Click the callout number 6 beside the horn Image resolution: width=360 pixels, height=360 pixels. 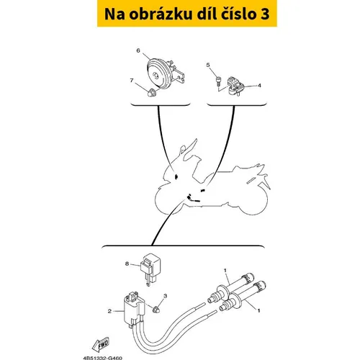[138, 50]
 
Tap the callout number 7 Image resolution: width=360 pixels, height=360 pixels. [132, 81]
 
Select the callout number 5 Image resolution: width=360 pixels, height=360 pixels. [208, 65]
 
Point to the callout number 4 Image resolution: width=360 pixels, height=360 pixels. [259, 86]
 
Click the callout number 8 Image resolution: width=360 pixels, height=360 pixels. [127, 264]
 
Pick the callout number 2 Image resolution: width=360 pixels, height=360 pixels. [109, 311]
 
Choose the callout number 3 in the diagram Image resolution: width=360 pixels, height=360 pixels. [165, 296]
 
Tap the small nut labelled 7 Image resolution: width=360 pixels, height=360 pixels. [150, 92]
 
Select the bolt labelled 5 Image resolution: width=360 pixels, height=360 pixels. [218, 81]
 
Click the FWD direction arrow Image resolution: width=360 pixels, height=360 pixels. [101, 344]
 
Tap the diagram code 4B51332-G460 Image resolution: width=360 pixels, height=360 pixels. [103, 358]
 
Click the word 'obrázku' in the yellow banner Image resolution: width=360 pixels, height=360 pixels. [161, 14]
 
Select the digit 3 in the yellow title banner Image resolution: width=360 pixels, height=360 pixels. [264, 14]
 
